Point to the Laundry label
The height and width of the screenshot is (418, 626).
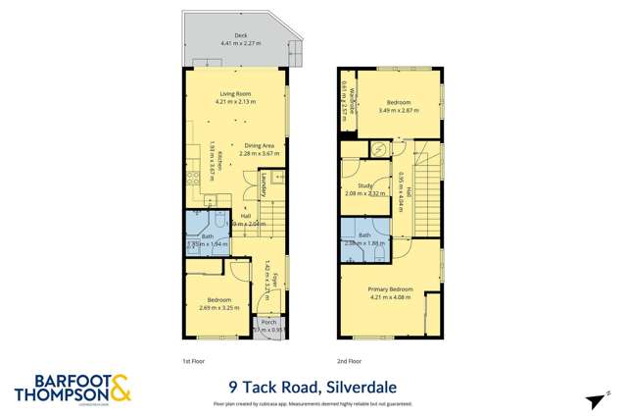[264, 183]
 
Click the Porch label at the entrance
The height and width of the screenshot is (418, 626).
[266, 321]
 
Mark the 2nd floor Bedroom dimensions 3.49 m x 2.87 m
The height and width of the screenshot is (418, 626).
[399, 111]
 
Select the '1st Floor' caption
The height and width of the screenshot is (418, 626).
[193, 361]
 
